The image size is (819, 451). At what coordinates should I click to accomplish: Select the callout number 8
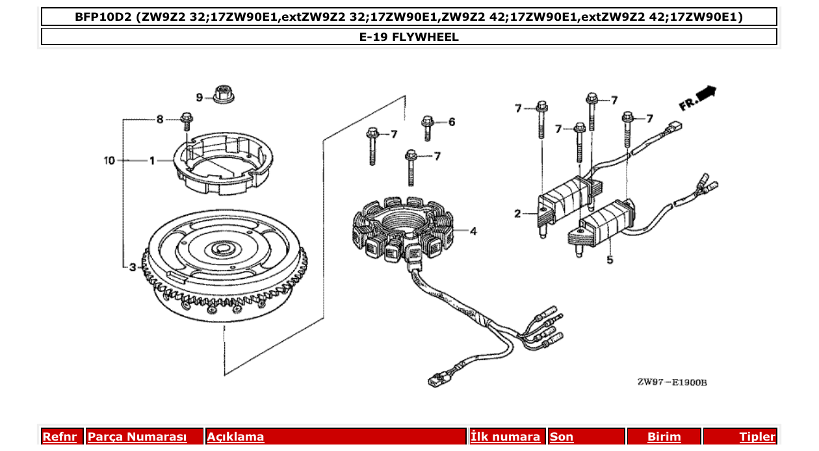coord(159,119)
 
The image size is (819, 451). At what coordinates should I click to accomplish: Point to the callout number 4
coord(473,231)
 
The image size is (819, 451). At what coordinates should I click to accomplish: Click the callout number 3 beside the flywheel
coord(132,266)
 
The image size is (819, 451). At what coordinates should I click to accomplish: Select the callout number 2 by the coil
coord(517,213)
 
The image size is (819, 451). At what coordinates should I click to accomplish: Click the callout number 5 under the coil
coord(609,261)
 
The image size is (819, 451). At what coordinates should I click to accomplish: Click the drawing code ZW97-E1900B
coord(672,382)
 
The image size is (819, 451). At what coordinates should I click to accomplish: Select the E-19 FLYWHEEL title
coord(409,37)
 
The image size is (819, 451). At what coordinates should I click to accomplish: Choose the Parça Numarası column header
coord(137,437)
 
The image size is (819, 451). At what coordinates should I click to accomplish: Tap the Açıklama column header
coord(235,437)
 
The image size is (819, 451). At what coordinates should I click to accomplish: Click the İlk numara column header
coord(506,437)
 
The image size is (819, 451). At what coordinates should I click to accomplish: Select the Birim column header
coord(664,437)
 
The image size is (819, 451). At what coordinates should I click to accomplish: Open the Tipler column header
coord(757,437)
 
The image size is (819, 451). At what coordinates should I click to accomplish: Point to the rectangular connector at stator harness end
coord(434,380)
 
